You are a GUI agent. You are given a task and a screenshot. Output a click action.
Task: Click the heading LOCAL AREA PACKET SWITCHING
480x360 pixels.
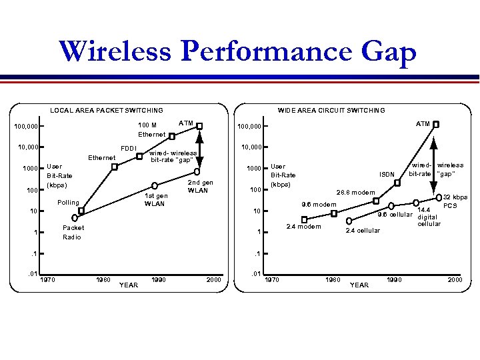[107, 110]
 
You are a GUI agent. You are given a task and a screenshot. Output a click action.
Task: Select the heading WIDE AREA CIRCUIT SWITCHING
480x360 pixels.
[331, 110]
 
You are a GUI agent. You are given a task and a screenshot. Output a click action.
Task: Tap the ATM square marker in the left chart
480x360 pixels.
[199, 126]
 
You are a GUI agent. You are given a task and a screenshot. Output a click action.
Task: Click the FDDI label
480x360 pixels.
[128, 148]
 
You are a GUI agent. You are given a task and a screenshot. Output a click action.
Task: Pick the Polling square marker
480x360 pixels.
[81, 211]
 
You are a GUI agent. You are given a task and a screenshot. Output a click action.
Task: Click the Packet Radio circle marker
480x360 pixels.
[75, 217]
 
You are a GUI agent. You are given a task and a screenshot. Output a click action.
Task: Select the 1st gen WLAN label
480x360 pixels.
[156, 199]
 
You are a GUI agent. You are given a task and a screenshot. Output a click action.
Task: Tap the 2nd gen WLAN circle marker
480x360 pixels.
[197, 171]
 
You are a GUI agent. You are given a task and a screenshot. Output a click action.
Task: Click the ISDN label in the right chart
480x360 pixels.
[387, 175]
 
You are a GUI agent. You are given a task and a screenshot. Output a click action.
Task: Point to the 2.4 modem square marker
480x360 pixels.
[305, 219]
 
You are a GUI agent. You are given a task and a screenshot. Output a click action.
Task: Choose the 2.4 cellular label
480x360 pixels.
[363, 231]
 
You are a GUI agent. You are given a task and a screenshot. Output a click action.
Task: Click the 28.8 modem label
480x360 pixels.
[355, 192]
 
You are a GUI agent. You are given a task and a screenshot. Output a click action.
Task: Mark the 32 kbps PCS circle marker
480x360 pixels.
[438, 197]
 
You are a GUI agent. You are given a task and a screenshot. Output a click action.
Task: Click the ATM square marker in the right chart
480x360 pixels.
[436, 124]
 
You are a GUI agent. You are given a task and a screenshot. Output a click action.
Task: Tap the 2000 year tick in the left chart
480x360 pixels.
[213, 279]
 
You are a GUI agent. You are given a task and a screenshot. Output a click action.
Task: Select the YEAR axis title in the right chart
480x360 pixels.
[359, 285]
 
